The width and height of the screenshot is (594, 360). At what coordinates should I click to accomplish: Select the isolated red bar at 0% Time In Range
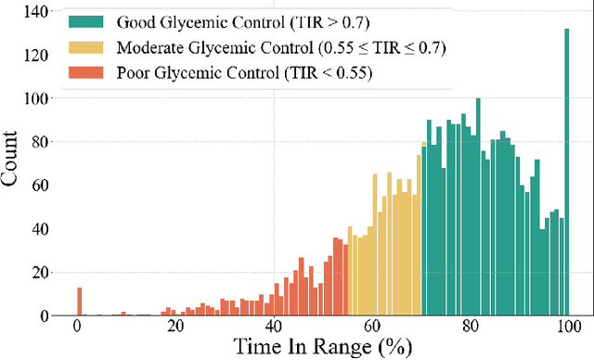79,302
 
